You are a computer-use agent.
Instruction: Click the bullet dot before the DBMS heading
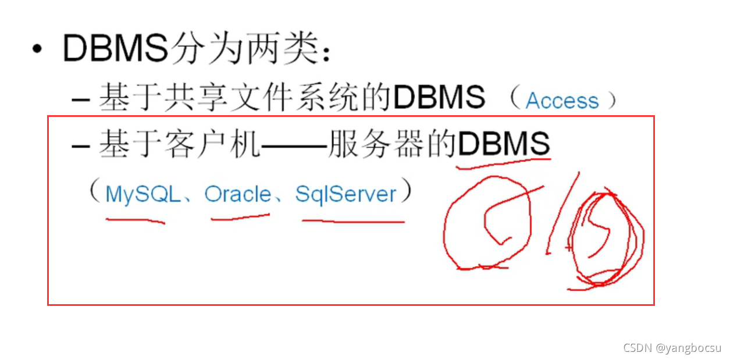(x=38, y=49)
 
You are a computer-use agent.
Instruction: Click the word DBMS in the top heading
(x=115, y=48)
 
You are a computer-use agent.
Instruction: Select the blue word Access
(x=562, y=101)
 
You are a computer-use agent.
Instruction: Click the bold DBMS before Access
(x=439, y=98)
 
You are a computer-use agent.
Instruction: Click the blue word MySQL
(x=143, y=194)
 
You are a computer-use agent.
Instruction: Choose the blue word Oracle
(x=238, y=194)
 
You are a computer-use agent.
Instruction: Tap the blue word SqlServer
(x=346, y=194)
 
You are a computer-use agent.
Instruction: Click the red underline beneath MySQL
(x=135, y=220)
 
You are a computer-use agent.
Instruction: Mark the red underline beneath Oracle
(x=240, y=218)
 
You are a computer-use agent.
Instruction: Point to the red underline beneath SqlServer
(x=353, y=222)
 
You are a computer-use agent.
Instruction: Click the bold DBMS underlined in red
(x=504, y=144)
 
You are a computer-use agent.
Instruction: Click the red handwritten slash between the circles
(x=562, y=212)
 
